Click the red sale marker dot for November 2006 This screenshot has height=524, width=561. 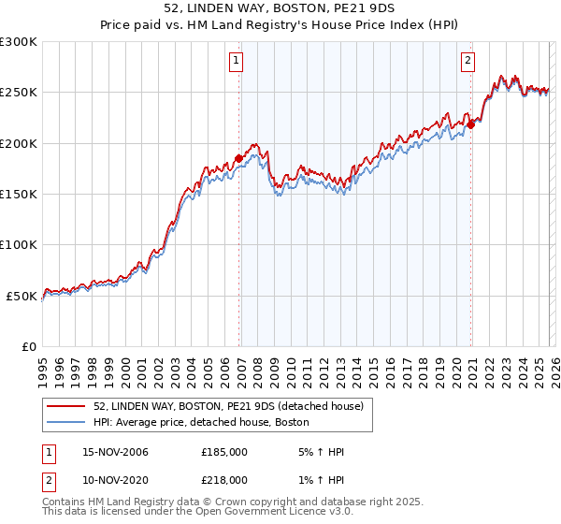pyautogui.click(x=239, y=159)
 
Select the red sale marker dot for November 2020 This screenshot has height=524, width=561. pyautogui.click(x=470, y=125)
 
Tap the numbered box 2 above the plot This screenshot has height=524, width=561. pyautogui.click(x=467, y=62)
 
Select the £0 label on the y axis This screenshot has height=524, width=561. pyautogui.click(x=28, y=346)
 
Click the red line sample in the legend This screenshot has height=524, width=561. pyautogui.click(x=66, y=406)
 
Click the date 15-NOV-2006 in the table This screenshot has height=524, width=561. pyautogui.click(x=111, y=453)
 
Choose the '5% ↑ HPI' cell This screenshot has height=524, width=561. pyautogui.click(x=318, y=453)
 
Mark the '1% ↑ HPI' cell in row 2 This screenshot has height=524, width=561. pyautogui.click(x=318, y=479)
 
